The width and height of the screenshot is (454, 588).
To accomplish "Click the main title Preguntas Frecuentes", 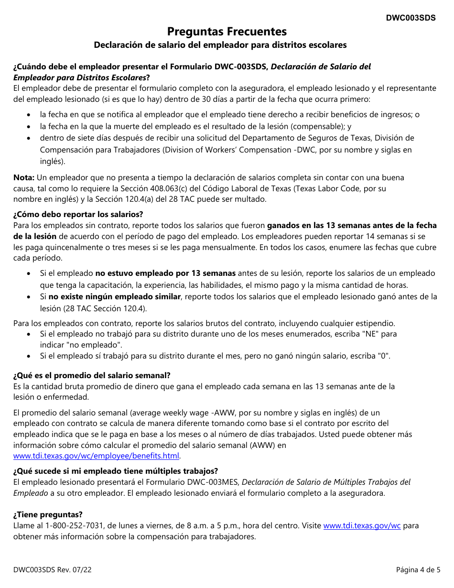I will (x=227, y=32).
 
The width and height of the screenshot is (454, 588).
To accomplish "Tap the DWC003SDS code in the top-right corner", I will (x=411, y=18).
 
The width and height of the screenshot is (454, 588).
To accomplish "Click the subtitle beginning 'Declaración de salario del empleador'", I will (x=220, y=45).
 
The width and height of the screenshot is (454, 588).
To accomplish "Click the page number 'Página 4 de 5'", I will (x=418, y=569).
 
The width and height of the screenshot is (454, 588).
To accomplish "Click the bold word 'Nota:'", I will (x=24, y=177).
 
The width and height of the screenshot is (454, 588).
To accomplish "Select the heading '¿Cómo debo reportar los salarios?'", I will (x=78, y=214).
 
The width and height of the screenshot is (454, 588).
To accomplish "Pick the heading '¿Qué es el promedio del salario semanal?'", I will (x=92, y=375).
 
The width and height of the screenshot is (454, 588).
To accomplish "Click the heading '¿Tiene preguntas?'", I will (x=48, y=514).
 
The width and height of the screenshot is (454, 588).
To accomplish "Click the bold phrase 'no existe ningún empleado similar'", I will (x=115, y=297).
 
